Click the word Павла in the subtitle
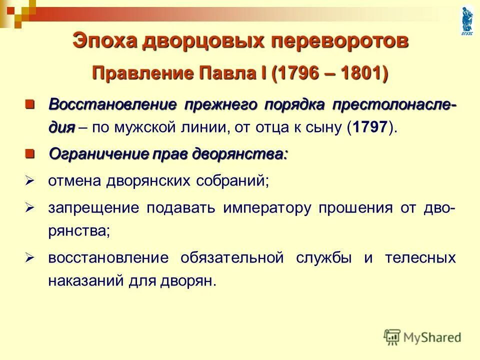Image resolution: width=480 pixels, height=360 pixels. click(227, 73)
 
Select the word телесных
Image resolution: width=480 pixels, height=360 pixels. click(420, 258)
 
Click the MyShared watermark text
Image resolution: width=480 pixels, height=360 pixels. click(432, 337)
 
